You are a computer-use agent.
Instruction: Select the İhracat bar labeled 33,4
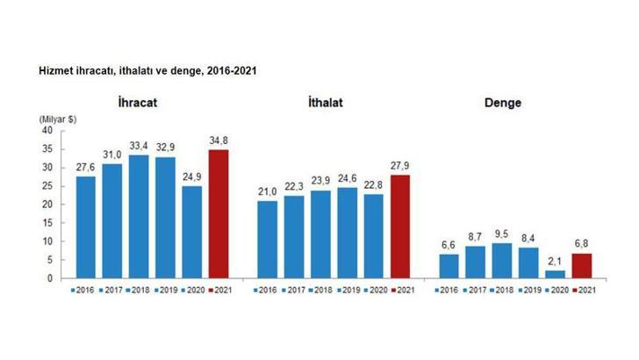(139, 216)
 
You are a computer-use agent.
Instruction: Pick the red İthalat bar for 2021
(401, 227)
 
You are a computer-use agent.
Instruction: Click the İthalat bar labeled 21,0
(268, 239)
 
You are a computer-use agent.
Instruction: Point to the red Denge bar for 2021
(582, 265)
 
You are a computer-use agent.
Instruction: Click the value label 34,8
(217, 140)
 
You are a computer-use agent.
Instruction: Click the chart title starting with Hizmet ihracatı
(147, 68)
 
